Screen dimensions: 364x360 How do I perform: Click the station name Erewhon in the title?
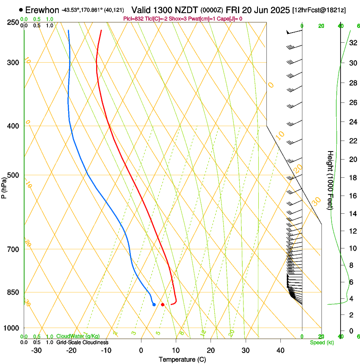[42, 9]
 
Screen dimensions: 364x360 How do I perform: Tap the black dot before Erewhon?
[21, 9]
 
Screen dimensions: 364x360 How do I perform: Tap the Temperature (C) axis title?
[182, 359]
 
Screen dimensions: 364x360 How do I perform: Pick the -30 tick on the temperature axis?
[36, 350]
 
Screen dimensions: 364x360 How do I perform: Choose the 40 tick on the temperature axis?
[280, 350]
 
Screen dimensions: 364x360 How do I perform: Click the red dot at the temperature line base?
[163, 305]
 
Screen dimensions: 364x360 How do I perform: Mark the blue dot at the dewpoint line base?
[154, 304]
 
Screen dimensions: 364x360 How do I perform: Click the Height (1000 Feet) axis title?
[330, 180]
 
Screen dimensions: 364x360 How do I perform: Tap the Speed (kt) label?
[322, 342]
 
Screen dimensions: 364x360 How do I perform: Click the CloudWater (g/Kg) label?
[78, 336]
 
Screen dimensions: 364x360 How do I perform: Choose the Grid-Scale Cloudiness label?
[82, 342]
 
